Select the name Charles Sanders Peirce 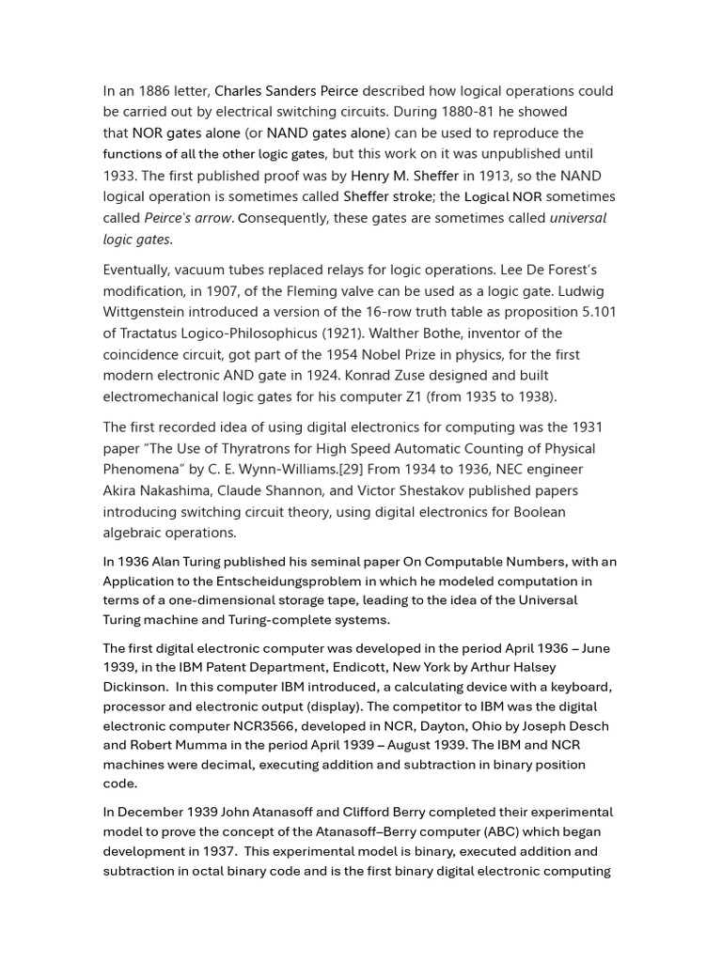pyautogui.click(x=286, y=91)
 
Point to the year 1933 pyautogui.click(x=119, y=176)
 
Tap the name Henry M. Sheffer pyautogui.click(x=404, y=176)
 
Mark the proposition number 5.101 pyautogui.click(x=594, y=312)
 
